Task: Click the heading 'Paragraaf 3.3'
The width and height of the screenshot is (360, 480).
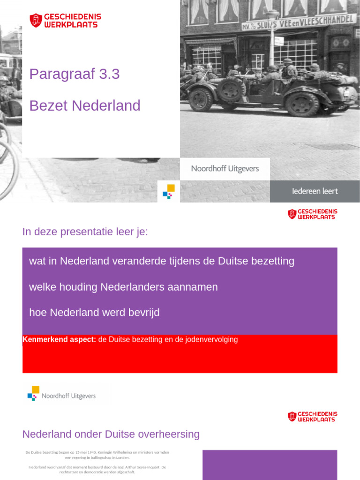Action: point(75,74)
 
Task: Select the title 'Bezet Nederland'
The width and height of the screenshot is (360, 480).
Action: point(85,105)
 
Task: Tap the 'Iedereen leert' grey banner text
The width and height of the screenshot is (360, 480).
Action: point(315,191)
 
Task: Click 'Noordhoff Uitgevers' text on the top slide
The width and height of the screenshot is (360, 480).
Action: point(225,168)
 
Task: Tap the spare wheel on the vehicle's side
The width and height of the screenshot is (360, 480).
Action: point(231,89)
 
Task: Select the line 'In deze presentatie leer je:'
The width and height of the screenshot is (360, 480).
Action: point(85,232)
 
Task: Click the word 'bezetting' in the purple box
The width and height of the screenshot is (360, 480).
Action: point(273,261)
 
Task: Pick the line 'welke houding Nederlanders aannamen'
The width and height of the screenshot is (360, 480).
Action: point(123,287)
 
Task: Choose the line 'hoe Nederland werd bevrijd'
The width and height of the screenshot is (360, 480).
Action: point(94,313)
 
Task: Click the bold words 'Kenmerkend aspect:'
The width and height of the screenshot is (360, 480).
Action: point(59,339)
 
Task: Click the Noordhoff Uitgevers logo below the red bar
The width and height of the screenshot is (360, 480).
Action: point(61,395)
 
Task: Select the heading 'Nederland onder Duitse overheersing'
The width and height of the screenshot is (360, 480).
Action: point(111,434)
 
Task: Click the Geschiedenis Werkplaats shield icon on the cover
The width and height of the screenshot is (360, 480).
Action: point(36,20)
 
